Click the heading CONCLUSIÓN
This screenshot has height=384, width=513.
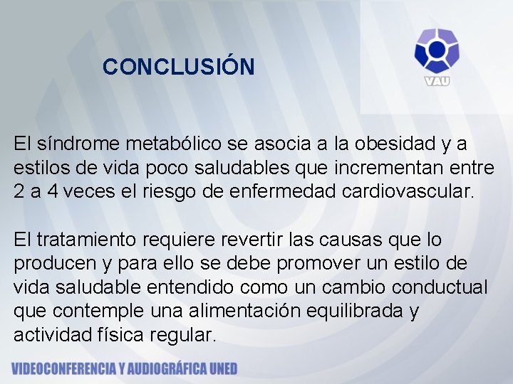178,67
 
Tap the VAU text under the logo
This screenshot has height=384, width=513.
437,80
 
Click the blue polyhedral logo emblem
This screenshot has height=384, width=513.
437,50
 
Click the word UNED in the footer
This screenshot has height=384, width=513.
222,369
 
